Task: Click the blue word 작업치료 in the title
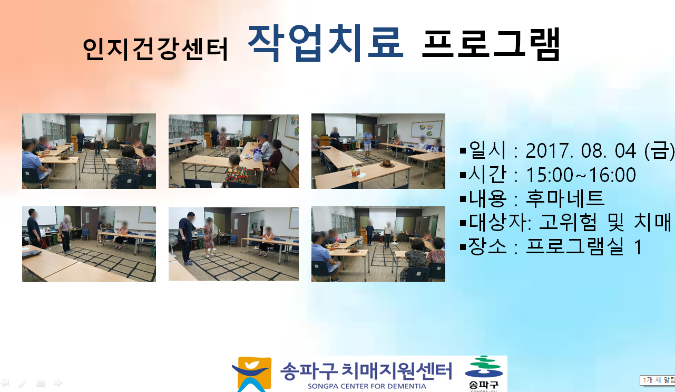(x=326, y=43)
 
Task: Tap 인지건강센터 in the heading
(x=155, y=49)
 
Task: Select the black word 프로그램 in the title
(x=491, y=44)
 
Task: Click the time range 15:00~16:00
(x=581, y=175)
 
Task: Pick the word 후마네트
(x=565, y=198)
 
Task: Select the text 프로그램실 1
(x=584, y=246)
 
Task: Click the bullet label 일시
(x=487, y=150)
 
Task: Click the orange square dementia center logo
(x=252, y=374)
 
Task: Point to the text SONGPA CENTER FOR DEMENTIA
(x=367, y=386)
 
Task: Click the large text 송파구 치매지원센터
(x=366, y=371)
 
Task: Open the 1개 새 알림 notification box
(x=657, y=380)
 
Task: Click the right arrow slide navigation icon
(x=58, y=383)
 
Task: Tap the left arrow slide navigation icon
(x=5, y=383)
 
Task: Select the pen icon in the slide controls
(x=23, y=383)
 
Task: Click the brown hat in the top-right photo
(x=387, y=164)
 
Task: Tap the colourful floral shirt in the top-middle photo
(x=236, y=174)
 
